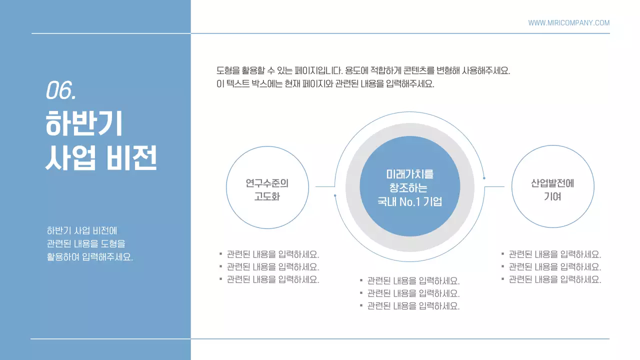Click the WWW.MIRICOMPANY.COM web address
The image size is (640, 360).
coord(568,23)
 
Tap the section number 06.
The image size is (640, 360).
coord(60,90)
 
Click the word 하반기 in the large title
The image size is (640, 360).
coord(84,124)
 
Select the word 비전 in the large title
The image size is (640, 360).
coord(132,158)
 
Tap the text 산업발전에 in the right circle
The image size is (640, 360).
coord(552,183)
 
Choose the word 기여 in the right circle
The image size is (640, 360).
coord(552,196)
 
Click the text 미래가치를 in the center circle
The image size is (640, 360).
coord(410,174)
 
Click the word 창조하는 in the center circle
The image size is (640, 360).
coord(408,188)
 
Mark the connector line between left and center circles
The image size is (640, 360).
coord(324,186)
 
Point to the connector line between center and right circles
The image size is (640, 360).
coord(494,186)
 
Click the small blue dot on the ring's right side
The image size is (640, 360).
coord(484,178)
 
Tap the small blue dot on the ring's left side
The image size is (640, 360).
coord(335,195)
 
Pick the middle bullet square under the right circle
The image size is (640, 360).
coord(503,266)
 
